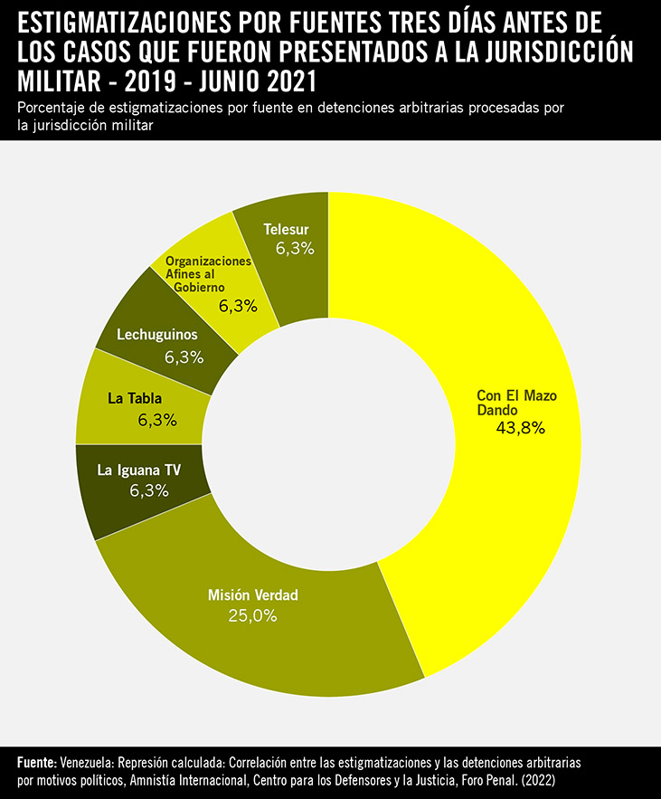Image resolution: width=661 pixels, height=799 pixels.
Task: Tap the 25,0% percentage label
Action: point(252,615)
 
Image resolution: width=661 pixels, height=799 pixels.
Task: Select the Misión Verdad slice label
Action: point(252,595)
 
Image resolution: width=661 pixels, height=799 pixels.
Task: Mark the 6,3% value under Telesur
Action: point(295,248)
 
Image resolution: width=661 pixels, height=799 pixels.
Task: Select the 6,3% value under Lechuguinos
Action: point(184,357)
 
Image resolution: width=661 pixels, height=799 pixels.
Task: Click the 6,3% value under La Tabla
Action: point(157,420)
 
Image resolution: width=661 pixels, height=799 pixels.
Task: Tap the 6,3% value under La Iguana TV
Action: point(149,490)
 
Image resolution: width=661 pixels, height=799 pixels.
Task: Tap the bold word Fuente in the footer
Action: point(37,763)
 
